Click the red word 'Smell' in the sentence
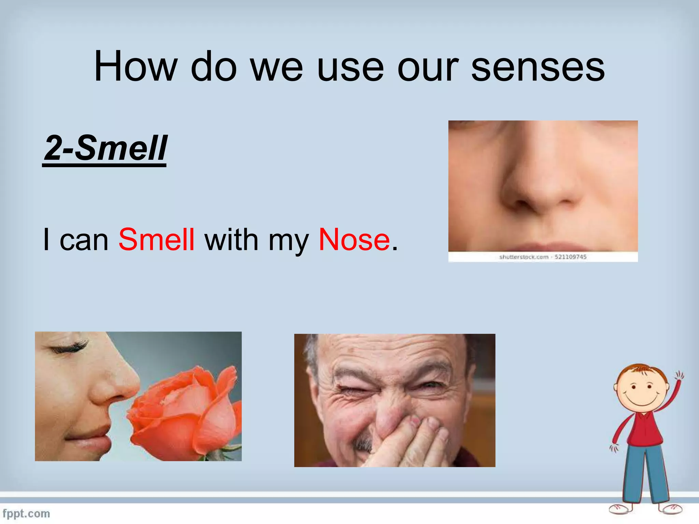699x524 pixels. [x=156, y=239]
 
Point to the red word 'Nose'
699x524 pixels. [x=354, y=239]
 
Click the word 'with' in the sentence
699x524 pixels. [x=231, y=239]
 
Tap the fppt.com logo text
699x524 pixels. [x=26, y=513]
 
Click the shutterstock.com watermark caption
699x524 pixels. [x=543, y=257]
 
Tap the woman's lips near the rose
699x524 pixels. [x=92, y=442]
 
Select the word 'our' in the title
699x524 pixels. [x=428, y=67]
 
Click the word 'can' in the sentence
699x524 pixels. [x=84, y=239]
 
